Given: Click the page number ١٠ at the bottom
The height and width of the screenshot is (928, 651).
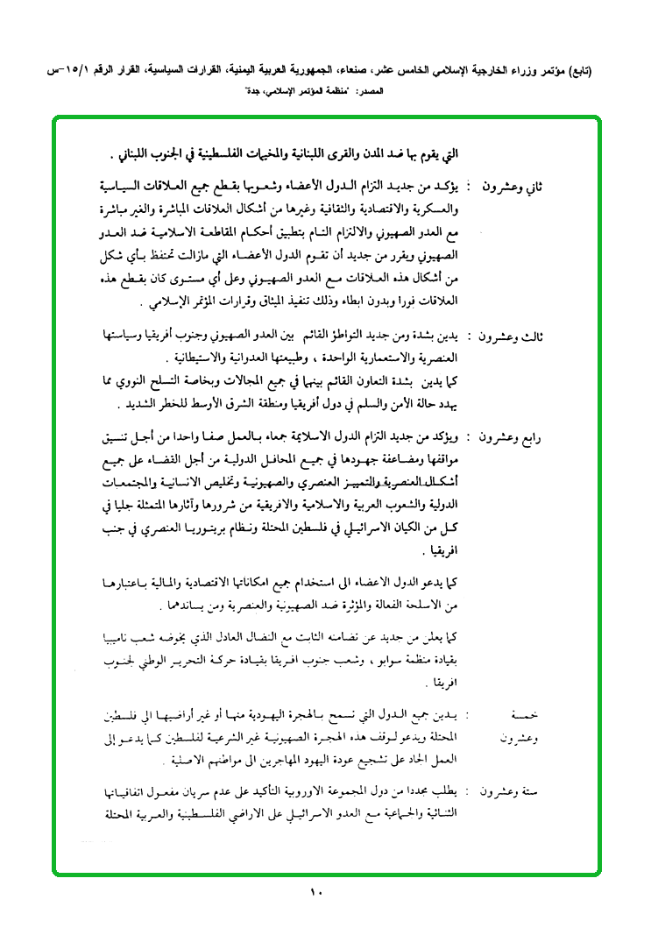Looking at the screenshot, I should pyautogui.click(x=316, y=892).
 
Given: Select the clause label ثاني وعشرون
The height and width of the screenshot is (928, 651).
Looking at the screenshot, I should pyautogui.click(x=514, y=188).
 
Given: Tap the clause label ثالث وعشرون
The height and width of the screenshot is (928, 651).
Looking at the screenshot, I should pyautogui.click(x=514, y=336).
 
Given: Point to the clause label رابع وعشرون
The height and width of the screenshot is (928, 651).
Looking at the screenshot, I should pyautogui.click(x=514, y=436).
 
